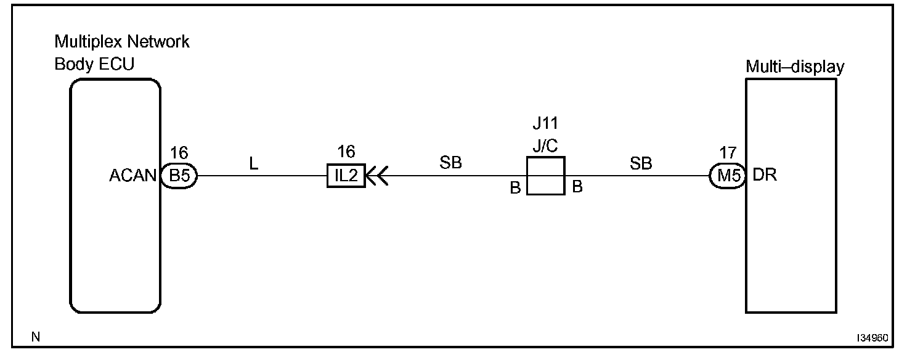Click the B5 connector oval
coord(179,176)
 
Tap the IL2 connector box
coord(346,176)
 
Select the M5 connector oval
coord(728,176)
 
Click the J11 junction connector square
coord(545,176)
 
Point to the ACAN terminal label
coord(132,176)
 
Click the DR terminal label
coord(765,175)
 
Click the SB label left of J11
coord(451,163)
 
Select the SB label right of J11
coord(641,163)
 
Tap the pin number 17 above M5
coord(728,152)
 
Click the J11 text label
coord(545,123)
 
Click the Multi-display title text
coord(794,67)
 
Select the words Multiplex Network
coord(122,42)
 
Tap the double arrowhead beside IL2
coord(376,176)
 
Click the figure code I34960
coord(872,338)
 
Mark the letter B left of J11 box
coord(515,188)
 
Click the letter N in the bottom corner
coord(35,337)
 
